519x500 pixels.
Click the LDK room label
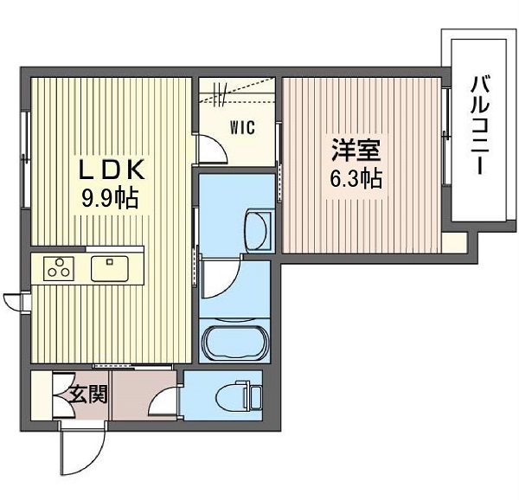[x=112, y=170]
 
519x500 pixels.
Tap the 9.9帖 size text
[x=110, y=199]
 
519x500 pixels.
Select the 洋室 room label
[x=356, y=150]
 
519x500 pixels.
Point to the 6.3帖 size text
[x=356, y=178]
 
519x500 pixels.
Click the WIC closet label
[x=242, y=127]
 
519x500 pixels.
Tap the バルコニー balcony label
[x=480, y=125]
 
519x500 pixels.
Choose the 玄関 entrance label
[x=88, y=394]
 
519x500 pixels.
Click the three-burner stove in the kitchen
[x=59, y=268]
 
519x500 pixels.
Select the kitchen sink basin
[x=110, y=268]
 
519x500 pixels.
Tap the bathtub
[x=234, y=342]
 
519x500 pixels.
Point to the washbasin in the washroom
[x=258, y=229]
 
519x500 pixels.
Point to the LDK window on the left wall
[x=24, y=160]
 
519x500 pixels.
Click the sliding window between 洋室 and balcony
[x=445, y=135]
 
